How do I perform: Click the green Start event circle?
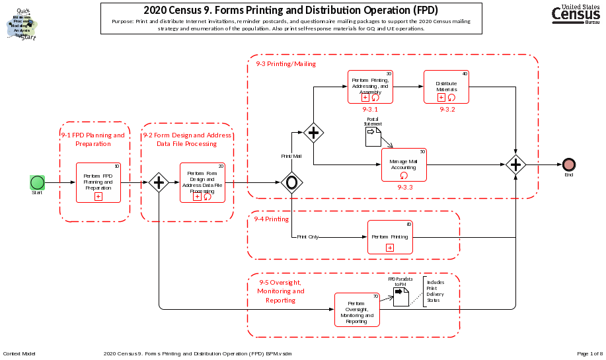point(37,182)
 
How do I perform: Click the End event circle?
point(568,164)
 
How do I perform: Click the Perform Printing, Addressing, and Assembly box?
point(370,87)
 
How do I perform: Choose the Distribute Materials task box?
point(446,87)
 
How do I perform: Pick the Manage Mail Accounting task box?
point(403,164)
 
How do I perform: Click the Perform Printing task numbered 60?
point(389,236)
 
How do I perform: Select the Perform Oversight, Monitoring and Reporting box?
point(357,310)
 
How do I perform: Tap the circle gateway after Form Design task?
point(291,182)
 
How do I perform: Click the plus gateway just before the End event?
point(515,164)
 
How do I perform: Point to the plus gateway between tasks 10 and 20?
point(159,182)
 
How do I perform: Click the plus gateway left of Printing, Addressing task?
point(313,132)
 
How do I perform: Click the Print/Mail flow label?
point(291,156)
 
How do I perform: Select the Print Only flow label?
point(307,236)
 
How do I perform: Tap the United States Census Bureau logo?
point(577,13)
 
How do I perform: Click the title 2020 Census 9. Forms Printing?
point(291,11)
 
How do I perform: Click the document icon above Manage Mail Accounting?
point(374,136)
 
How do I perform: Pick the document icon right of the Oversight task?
point(401,295)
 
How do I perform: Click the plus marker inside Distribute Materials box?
point(441,97)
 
